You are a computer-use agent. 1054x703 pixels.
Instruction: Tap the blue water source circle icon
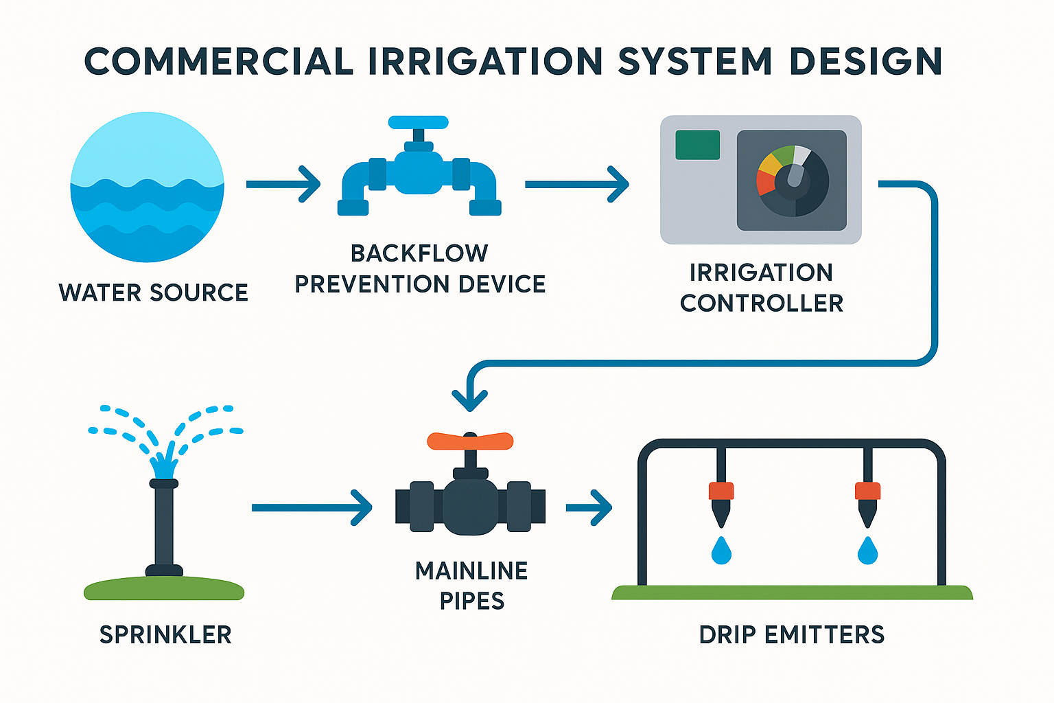point(148,187)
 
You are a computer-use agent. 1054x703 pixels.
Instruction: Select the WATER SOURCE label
point(153,292)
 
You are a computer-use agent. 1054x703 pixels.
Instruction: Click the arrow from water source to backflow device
point(283,185)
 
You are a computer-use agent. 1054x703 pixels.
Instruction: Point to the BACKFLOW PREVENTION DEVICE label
point(420,268)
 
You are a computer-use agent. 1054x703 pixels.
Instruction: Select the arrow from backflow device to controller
point(576,185)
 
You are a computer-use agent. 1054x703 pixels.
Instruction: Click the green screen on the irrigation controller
point(697,145)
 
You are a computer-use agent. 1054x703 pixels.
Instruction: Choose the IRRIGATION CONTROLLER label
point(761,288)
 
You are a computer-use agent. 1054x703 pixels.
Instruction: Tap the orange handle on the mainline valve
point(470,441)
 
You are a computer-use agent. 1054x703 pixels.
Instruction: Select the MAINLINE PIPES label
point(471,586)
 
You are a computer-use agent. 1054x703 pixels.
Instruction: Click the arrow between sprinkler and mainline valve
point(312,507)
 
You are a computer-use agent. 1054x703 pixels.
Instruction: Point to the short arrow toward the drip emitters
point(589,507)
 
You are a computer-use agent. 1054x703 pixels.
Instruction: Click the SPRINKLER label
point(165,635)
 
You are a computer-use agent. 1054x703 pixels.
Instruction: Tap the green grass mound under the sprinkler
point(164,589)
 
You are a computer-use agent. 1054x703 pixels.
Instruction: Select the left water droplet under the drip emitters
point(721,551)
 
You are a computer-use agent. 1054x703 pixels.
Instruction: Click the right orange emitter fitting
point(867,491)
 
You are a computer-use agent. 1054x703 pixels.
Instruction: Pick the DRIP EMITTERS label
point(792,635)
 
